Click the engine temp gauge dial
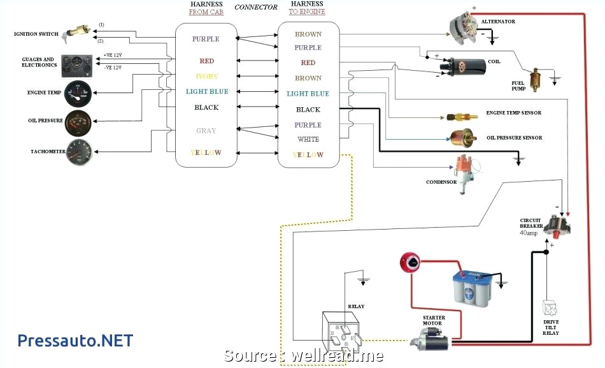pyautogui.click(x=77, y=94)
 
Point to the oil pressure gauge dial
pyautogui.click(x=77, y=123)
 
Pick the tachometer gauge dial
pyautogui.click(x=77, y=152)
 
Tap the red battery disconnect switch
pyautogui.click(x=409, y=260)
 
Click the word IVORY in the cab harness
pyautogui.click(x=206, y=77)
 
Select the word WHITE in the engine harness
pyautogui.click(x=308, y=139)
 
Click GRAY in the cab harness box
pyautogui.click(x=206, y=131)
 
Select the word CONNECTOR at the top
pyautogui.click(x=256, y=8)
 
